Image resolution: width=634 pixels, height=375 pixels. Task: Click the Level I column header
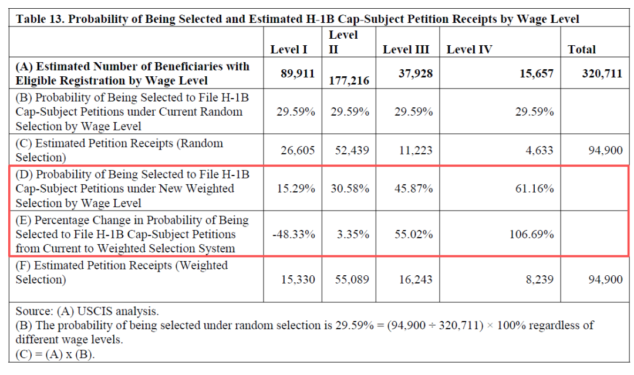point(289,50)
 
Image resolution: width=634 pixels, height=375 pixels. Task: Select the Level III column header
point(406,50)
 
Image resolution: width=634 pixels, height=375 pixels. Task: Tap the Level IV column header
point(469,50)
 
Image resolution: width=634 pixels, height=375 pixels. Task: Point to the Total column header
point(581,50)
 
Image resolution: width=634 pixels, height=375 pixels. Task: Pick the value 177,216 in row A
point(350,80)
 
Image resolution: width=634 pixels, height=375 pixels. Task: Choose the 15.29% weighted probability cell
point(296,189)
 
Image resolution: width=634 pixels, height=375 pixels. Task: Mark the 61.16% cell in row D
point(535,189)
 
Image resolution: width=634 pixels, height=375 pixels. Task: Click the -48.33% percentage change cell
point(294,234)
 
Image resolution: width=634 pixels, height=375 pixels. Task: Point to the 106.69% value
point(532,234)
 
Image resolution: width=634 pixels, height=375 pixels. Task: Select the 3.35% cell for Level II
point(353,234)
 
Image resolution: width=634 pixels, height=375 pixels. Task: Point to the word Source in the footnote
point(33,311)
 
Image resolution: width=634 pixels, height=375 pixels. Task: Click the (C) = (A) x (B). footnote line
point(56,354)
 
